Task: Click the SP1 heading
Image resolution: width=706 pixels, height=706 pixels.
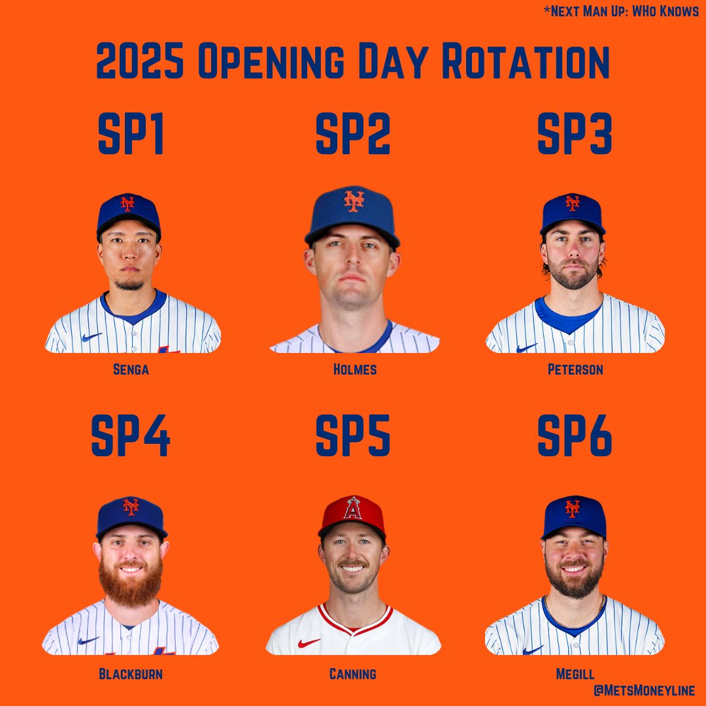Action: pos(130,135)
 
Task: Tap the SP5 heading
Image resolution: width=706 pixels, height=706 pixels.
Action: pos(352,436)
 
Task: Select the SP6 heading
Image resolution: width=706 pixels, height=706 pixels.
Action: pos(575,436)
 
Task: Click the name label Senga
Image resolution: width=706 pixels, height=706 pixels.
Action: pos(130,370)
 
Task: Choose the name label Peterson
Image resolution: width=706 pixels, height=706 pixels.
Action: pos(575,370)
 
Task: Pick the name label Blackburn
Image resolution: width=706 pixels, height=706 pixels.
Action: pos(131,674)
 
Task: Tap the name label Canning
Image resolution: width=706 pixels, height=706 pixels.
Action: pos(353,674)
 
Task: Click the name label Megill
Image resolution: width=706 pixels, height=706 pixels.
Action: pos(575,674)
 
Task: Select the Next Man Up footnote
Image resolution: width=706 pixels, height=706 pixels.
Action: pos(621,12)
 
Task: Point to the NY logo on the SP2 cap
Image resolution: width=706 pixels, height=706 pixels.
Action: pos(354,201)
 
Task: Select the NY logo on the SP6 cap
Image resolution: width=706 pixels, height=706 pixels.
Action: pos(573,508)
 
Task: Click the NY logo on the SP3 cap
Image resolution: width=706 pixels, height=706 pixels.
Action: pos(573,203)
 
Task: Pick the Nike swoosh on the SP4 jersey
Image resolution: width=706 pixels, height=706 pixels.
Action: pos(88,641)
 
